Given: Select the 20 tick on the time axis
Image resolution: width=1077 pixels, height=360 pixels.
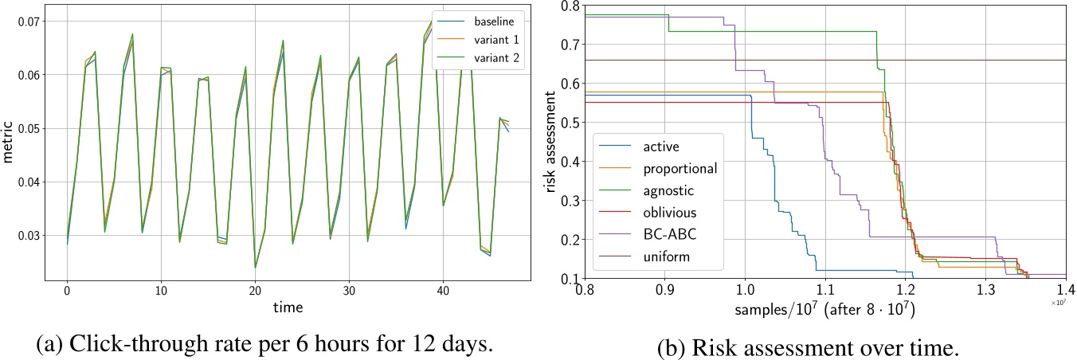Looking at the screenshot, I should coord(255,288).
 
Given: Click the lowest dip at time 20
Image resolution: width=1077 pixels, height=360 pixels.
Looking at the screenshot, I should coord(255,267).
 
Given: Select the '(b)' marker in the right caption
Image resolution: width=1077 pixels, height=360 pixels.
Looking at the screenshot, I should coord(672,349).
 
